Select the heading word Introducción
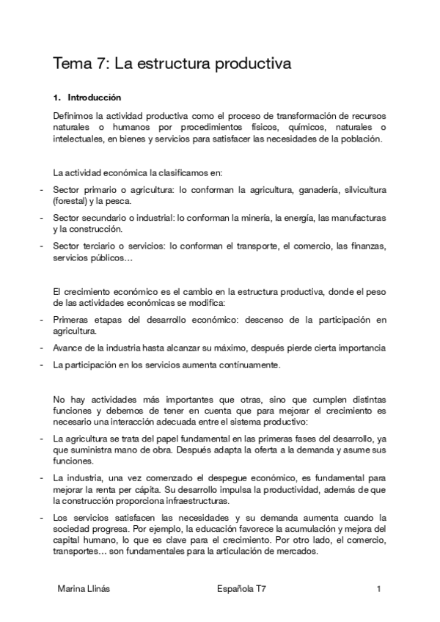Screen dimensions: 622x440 point(95,97)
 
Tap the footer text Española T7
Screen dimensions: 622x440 point(242,589)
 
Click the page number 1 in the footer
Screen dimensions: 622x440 point(379,589)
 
